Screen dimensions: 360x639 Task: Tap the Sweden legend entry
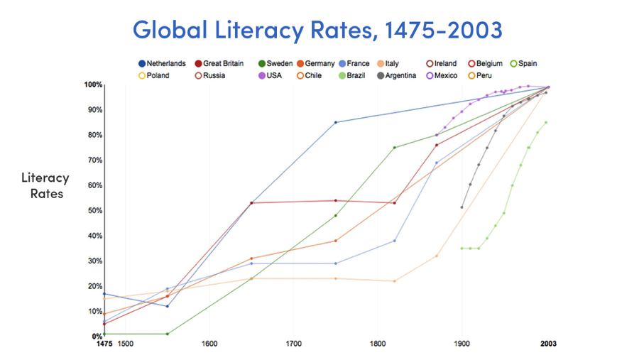coord(276,64)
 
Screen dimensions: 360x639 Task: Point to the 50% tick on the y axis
coord(94,211)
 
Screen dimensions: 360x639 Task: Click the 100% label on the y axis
coord(93,85)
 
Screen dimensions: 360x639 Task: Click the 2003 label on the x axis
coord(547,344)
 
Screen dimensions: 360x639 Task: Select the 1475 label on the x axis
coord(105,344)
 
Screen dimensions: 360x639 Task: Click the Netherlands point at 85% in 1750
coord(336,122)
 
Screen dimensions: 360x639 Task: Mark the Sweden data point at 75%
coord(395,148)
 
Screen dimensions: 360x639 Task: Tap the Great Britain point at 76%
coord(437,145)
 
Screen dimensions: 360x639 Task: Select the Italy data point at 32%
coord(437,256)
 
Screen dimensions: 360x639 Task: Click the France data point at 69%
coord(437,163)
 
